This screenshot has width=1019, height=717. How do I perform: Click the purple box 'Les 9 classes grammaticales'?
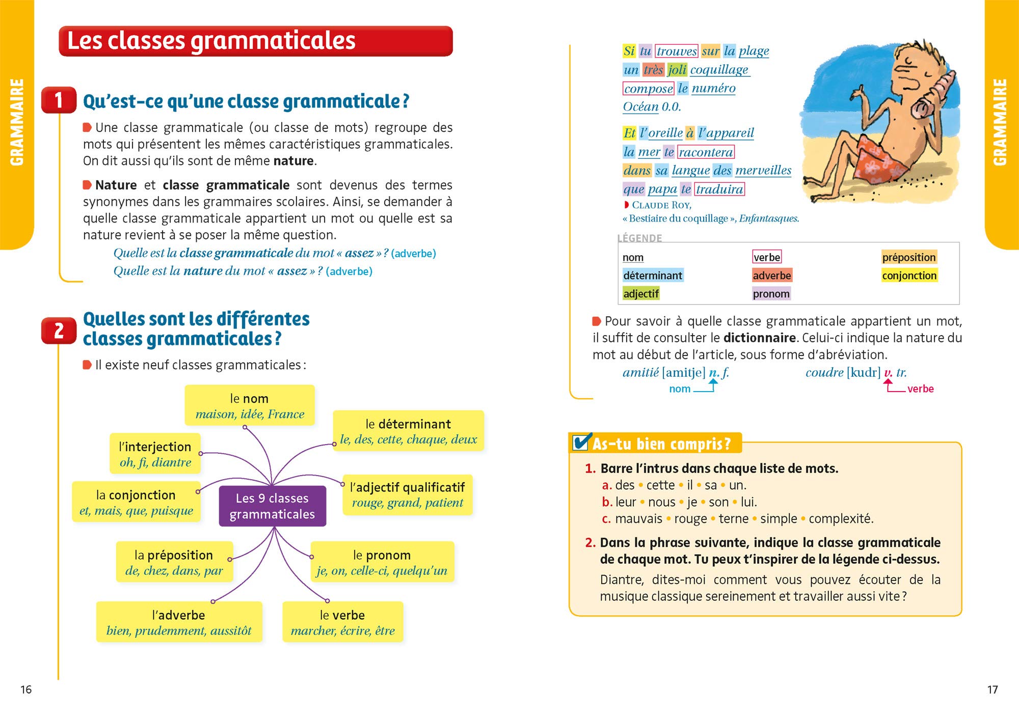pos(272,506)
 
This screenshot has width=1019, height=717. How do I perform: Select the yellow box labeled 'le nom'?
pos(249,405)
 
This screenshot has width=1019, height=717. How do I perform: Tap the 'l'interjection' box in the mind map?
pos(155,454)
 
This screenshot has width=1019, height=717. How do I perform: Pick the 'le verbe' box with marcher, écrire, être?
pos(342,622)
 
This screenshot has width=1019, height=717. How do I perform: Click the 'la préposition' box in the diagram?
pos(174,562)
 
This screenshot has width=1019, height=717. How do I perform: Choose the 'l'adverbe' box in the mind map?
pos(179,622)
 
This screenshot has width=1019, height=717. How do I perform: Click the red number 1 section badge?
pos(59,100)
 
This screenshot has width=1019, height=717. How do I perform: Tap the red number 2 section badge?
pos(59,330)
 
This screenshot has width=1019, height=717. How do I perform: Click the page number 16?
pos(26,690)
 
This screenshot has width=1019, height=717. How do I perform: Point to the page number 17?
pos(993,690)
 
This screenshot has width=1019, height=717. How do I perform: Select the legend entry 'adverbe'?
pos(771,275)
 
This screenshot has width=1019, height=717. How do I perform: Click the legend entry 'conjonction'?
pos(909,275)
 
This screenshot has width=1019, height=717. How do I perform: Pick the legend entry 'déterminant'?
pos(652,275)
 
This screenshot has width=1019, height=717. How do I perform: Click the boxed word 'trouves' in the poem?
pos(676,51)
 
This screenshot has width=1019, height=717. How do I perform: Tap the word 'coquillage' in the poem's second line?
pos(719,70)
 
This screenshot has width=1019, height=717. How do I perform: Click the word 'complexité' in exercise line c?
pos(841,519)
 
